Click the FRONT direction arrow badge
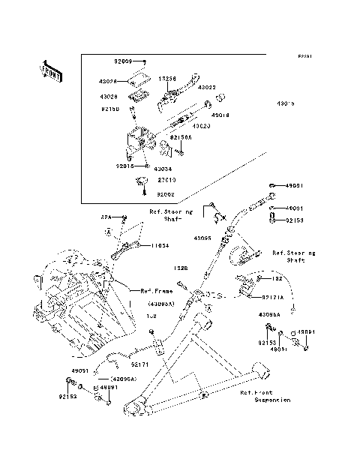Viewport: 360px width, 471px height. click(x=52, y=70)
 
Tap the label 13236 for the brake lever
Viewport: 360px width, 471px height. click(x=167, y=78)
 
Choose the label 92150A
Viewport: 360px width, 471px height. click(x=180, y=137)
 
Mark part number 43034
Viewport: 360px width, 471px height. click(x=165, y=169)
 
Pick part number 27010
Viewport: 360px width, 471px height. click(x=166, y=180)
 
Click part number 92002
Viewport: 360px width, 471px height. click(x=166, y=193)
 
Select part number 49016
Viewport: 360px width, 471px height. click(x=220, y=115)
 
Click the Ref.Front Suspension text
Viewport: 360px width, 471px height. click(x=264, y=396)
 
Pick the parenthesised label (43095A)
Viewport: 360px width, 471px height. click(x=162, y=303)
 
